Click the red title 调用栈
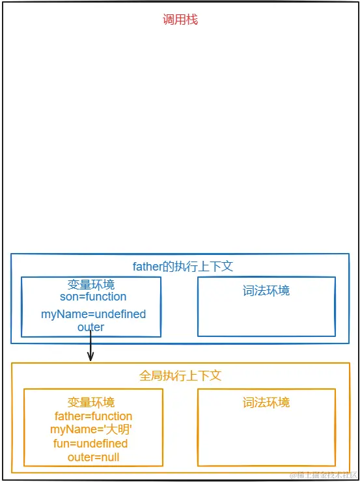180,20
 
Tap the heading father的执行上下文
182,266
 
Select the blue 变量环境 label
90,285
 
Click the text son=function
92,297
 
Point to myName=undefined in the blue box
93,314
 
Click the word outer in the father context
90,327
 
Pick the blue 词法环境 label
266,290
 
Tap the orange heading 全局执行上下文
180,376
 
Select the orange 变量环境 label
90,403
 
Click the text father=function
93,416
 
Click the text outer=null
93,457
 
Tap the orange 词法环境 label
266,403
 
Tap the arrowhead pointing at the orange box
90,357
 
